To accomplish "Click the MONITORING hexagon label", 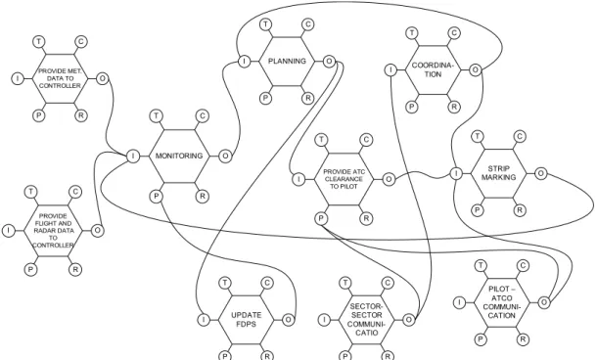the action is [179, 156].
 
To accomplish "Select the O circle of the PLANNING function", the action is [329, 61].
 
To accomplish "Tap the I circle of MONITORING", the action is [133, 156].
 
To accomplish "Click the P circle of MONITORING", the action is [157, 197].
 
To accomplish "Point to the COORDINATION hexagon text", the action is [433, 69].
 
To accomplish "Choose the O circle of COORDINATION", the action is [476, 70].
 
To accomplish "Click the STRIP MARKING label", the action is [499, 173].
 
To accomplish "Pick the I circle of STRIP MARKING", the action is [456, 173].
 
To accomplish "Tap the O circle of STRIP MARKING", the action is [540, 173].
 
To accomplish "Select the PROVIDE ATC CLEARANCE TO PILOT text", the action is [344, 179].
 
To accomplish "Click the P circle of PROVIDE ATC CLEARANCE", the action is [321, 218].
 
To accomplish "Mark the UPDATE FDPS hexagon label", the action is [247, 320].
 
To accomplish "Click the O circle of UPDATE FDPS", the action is [288, 320].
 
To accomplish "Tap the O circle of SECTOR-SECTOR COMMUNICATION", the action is [408, 320].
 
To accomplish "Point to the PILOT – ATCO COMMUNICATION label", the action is [501, 302].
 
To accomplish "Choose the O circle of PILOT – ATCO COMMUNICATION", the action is [544, 302].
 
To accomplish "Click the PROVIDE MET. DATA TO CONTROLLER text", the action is [60, 78].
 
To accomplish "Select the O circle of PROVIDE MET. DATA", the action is [103, 79].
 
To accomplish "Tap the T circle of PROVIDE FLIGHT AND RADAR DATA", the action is [30, 192].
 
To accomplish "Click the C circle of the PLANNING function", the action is [308, 24].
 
